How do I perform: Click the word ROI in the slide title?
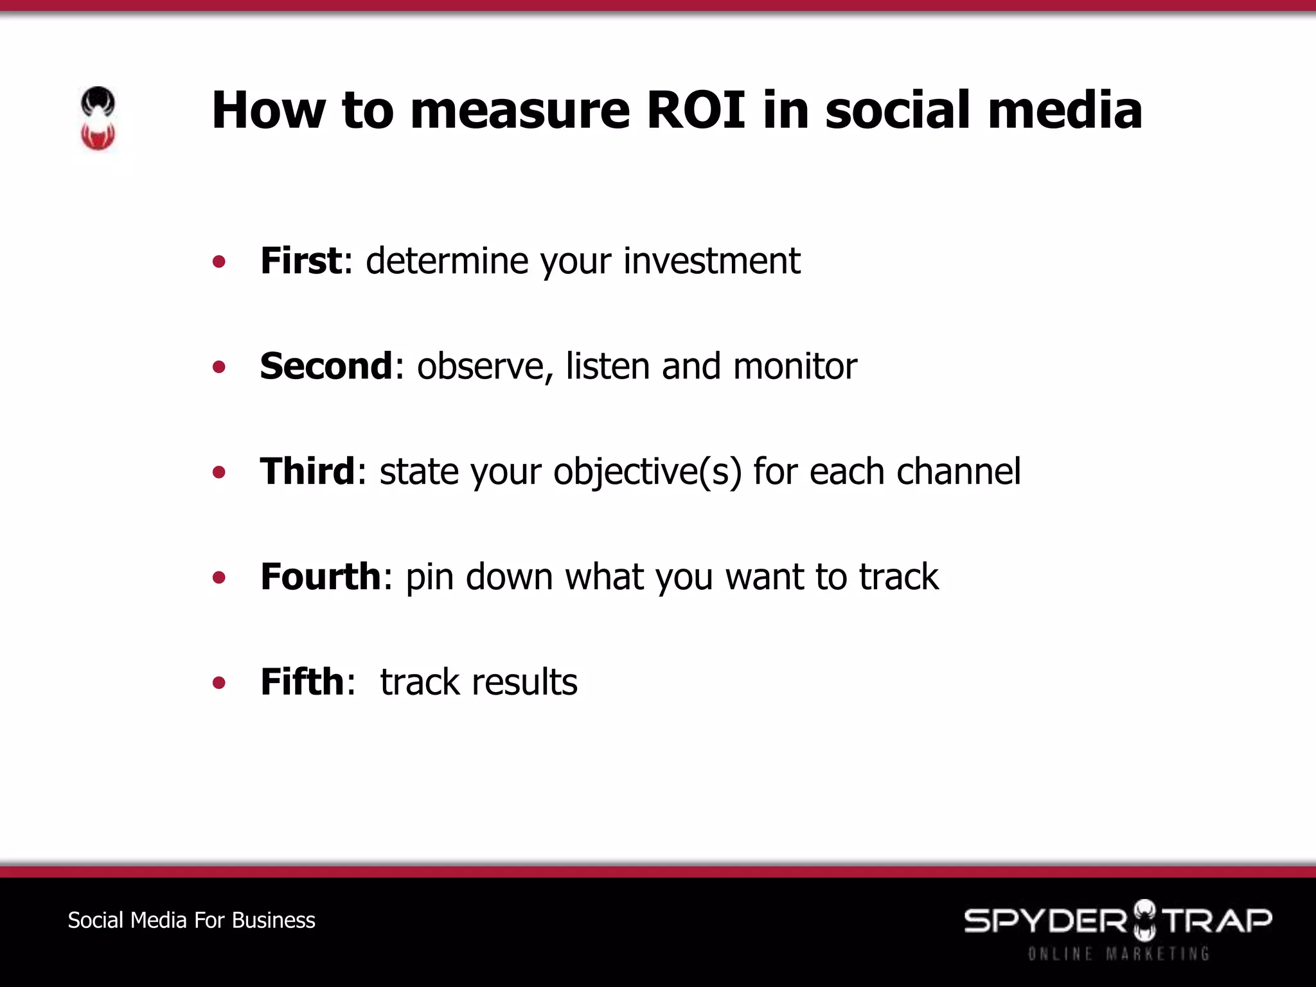(696, 110)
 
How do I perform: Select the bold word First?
(301, 261)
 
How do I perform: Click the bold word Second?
(326, 366)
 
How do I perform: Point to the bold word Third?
(307, 472)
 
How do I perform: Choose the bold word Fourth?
(321, 576)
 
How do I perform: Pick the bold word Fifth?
(302, 682)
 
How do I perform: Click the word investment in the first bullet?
(711, 261)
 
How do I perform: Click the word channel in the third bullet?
(958, 472)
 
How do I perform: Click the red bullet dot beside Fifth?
(219, 682)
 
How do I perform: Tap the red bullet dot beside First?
(219, 262)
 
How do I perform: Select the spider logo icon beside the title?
(98, 119)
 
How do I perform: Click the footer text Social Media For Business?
(191, 920)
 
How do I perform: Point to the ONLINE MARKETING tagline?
(1118, 954)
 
